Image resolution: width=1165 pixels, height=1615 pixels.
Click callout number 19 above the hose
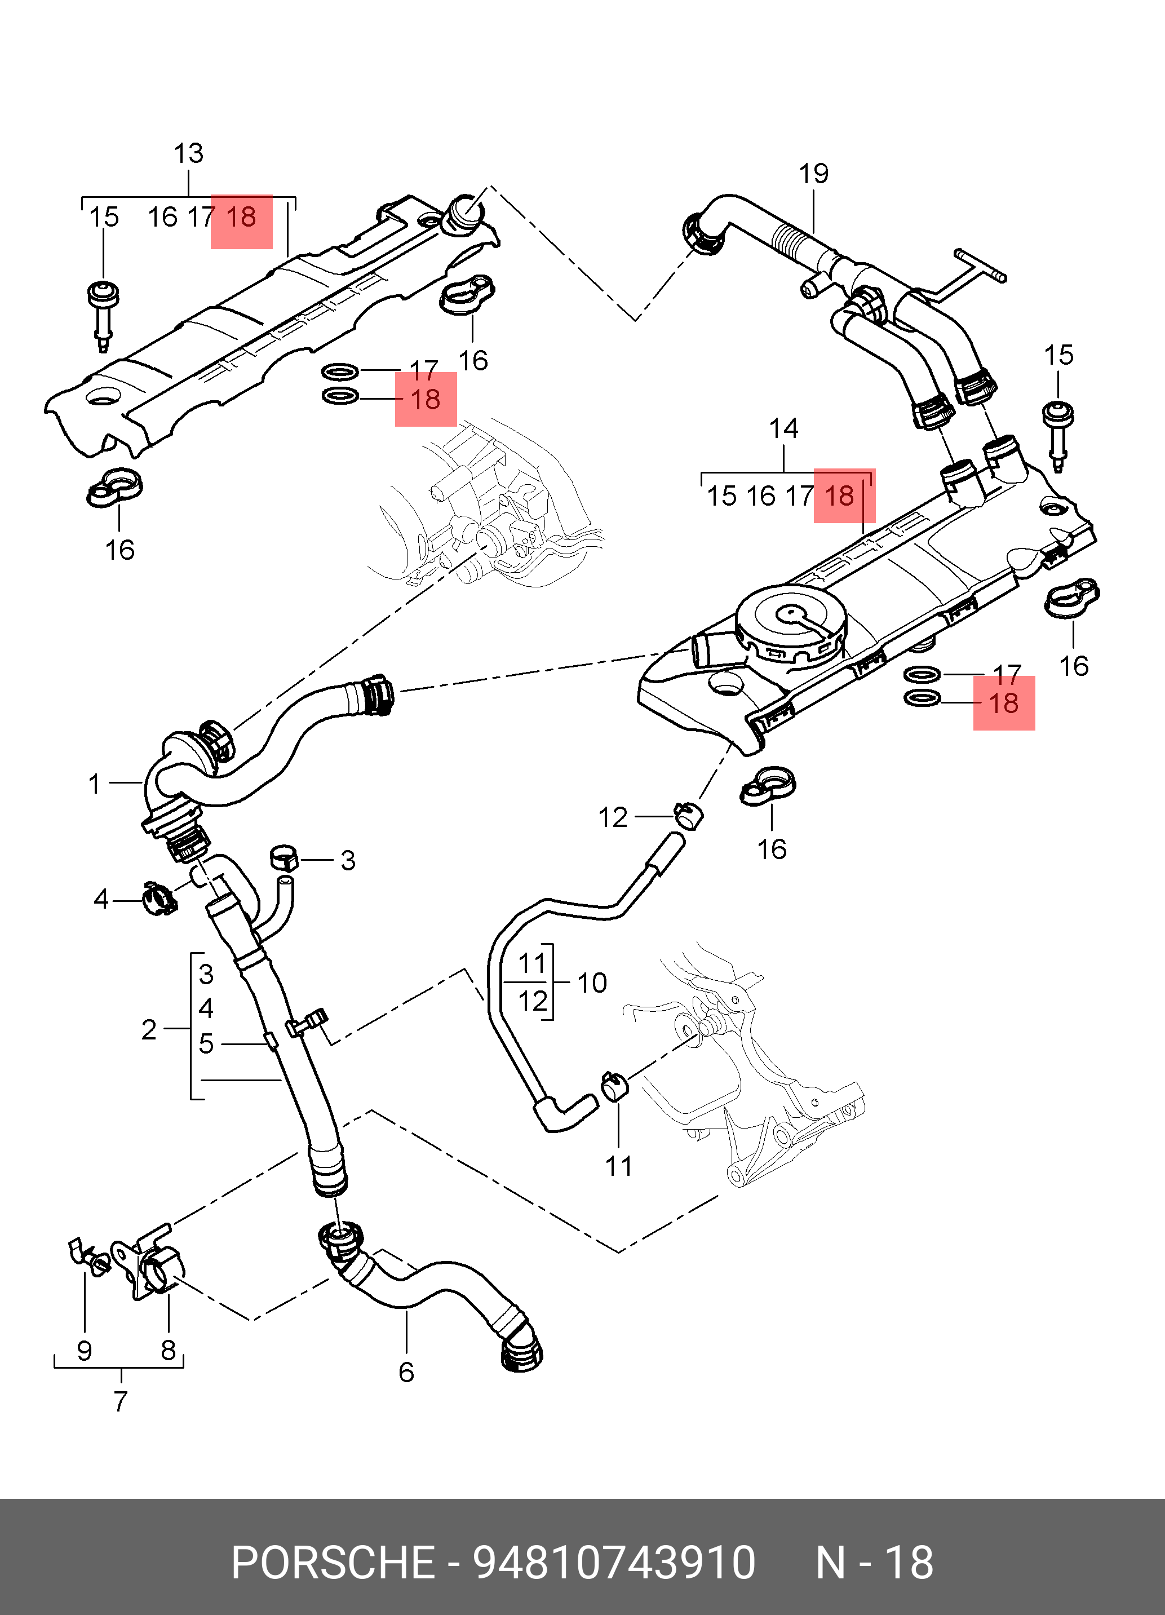[813, 174]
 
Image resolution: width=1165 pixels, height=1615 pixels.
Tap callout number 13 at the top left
[189, 153]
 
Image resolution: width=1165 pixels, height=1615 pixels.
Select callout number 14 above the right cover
[783, 428]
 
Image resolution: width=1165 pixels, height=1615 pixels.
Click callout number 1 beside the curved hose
[95, 784]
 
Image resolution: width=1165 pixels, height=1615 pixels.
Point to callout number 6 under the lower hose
[406, 1372]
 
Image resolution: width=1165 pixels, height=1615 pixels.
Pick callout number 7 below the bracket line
[121, 1401]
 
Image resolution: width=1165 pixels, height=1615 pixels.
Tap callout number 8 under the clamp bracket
[168, 1350]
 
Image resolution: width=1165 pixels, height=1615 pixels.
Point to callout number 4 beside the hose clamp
[101, 899]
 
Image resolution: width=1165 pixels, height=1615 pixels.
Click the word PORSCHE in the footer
[333, 1563]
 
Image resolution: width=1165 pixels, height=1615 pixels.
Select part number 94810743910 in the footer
[614, 1563]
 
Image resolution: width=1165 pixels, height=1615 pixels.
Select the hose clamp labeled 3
[284, 858]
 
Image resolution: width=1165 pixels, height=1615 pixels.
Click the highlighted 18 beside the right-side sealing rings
[1003, 703]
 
